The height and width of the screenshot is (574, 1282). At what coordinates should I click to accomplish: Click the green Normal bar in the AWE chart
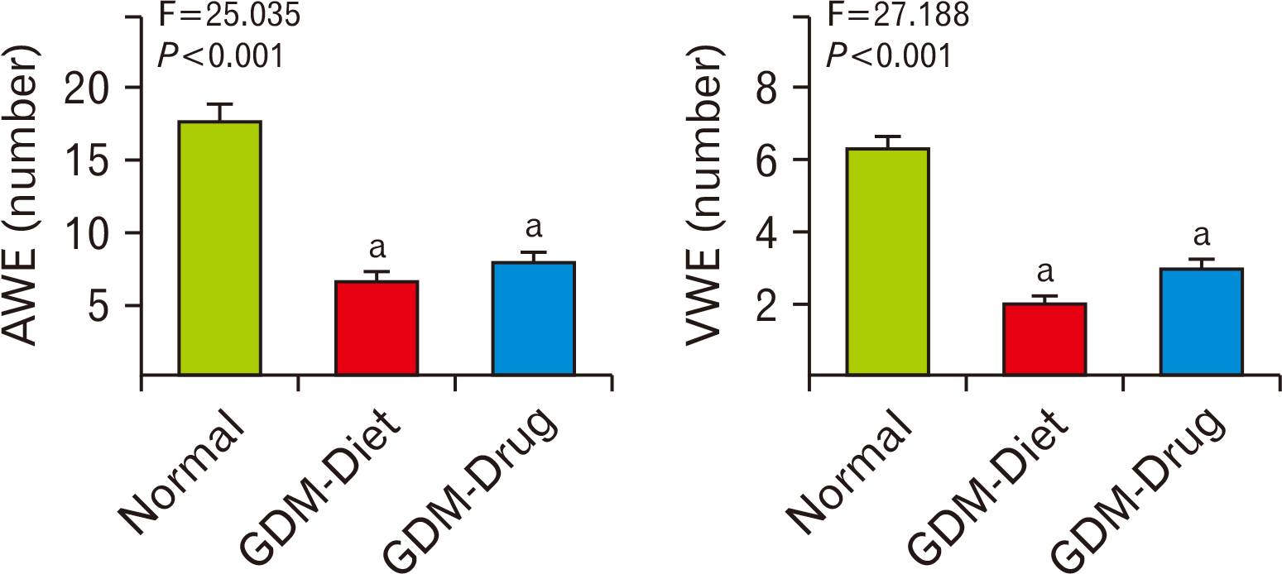pos(219,248)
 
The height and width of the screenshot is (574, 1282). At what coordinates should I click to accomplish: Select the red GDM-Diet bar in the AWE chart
pos(377,328)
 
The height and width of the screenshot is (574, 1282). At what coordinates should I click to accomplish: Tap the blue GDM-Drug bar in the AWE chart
pos(534,318)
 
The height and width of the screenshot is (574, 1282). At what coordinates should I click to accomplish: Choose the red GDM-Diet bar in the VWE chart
pos(1044,339)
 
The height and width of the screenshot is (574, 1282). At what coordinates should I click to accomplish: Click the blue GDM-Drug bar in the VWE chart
pos(1202,322)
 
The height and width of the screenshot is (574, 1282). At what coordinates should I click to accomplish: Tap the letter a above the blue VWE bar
pos(1202,237)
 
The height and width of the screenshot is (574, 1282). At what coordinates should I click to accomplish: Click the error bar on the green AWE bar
pos(219,112)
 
